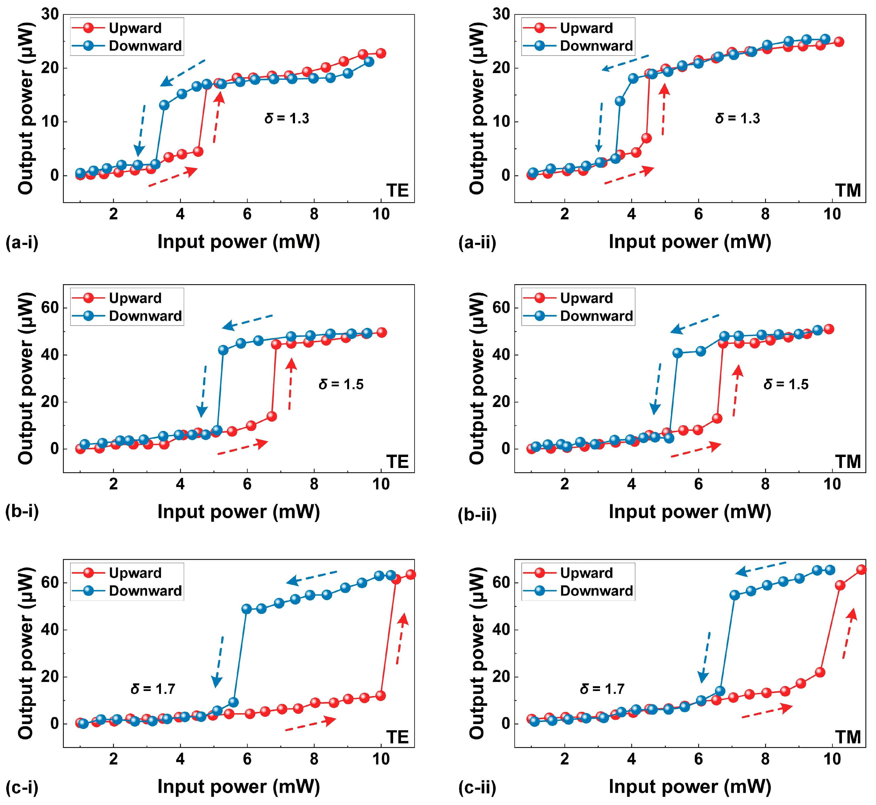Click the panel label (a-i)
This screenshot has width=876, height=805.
click(x=22, y=242)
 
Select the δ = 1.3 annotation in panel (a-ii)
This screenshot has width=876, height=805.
click(x=737, y=119)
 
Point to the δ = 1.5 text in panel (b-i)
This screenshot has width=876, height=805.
click(x=341, y=384)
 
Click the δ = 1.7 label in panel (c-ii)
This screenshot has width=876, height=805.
click(x=602, y=689)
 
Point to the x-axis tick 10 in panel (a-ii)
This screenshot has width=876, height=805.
click(x=832, y=214)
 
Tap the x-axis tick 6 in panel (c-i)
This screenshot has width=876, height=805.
click(x=247, y=759)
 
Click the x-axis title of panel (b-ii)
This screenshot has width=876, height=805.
click(x=690, y=512)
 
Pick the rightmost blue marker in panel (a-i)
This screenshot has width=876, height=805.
click(x=369, y=62)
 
